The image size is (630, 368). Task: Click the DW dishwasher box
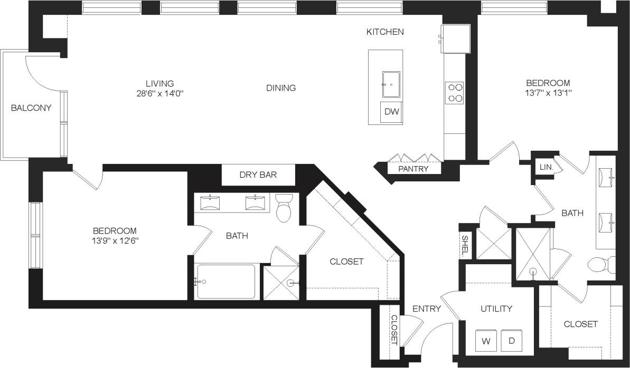point(391,112)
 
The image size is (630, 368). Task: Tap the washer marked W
point(485,340)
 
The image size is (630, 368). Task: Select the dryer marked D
point(511,340)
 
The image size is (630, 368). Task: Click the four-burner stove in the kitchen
point(455,93)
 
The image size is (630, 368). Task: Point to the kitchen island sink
point(391,84)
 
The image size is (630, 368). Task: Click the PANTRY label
point(413,169)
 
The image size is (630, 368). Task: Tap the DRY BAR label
point(258,175)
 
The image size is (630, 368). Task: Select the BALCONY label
point(31,108)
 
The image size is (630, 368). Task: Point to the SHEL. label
point(465,246)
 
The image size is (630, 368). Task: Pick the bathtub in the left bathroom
point(225,282)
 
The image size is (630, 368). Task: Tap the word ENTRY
point(426,309)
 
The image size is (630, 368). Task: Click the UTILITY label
point(496,308)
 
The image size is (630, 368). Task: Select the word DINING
point(281,88)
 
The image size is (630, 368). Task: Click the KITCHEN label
point(385,32)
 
